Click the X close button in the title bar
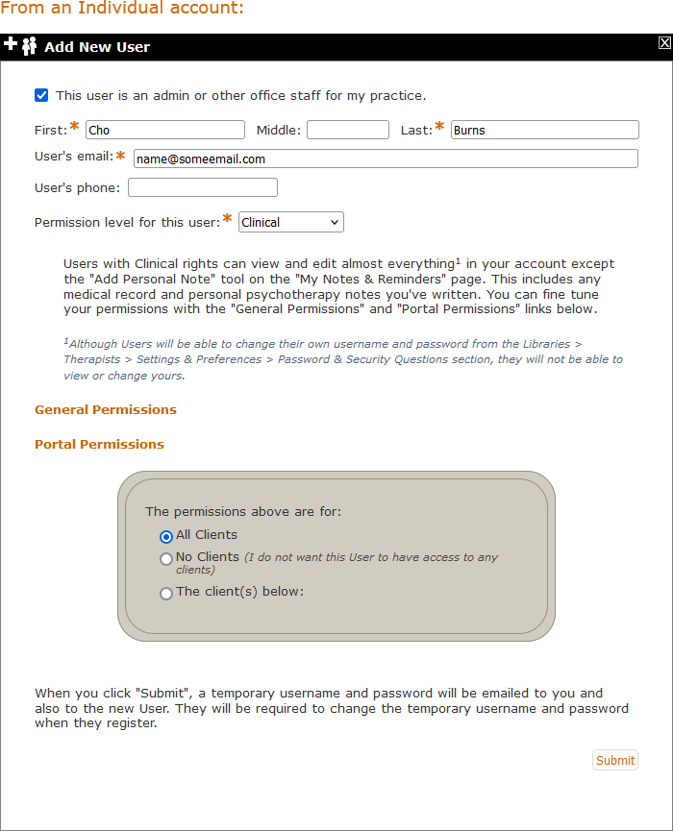[x=664, y=43]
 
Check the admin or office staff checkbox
[x=41, y=95]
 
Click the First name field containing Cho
[x=165, y=130]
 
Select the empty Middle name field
[x=348, y=130]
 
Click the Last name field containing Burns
[x=544, y=130]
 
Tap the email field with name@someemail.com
[x=386, y=159]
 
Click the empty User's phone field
[x=203, y=187]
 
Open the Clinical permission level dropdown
[x=291, y=222]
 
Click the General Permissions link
[x=106, y=409]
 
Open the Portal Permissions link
[x=99, y=444]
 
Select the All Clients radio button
[x=166, y=536]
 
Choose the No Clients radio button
[x=166, y=558]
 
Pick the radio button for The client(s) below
[x=166, y=593]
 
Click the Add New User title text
[x=97, y=47]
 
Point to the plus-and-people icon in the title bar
[x=20, y=45]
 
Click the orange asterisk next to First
[x=75, y=127]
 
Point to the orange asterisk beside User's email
[x=121, y=155]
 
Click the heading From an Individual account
[x=122, y=8]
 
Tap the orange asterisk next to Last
[x=440, y=127]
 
